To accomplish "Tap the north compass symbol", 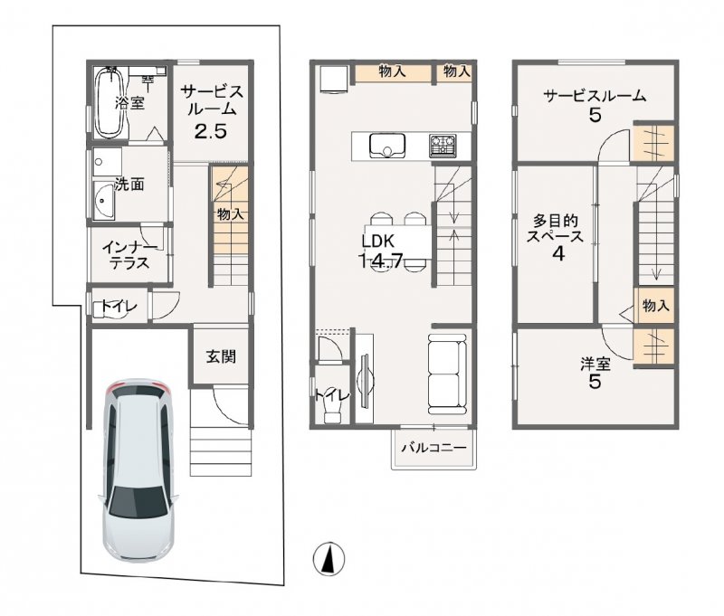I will tap(329, 559).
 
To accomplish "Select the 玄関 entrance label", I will tap(220, 356).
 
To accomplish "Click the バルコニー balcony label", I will tap(433, 448).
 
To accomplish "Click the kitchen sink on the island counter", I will tap(387, 145).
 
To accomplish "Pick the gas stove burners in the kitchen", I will tap(443, 144).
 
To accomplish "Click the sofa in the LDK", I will tap(449, 373).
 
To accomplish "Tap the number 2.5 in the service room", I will tap(210, 130).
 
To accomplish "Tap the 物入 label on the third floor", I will tap(655, 306).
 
